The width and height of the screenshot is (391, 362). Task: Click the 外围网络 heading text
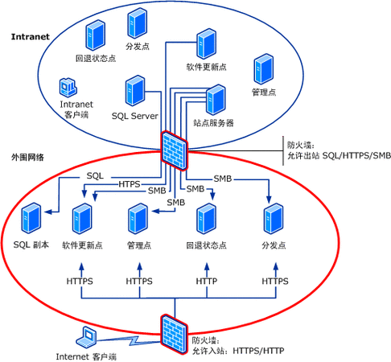tap(30, 156)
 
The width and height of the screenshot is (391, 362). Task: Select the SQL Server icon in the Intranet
tap(134, 94)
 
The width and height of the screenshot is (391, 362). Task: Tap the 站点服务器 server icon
tap(215, 100)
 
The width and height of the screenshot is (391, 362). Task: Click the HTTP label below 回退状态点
tap(208, 282)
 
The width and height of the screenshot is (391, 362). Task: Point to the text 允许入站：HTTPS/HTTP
tap(242, 351)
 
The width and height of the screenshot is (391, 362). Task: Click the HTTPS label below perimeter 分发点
tap(275, 282)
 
